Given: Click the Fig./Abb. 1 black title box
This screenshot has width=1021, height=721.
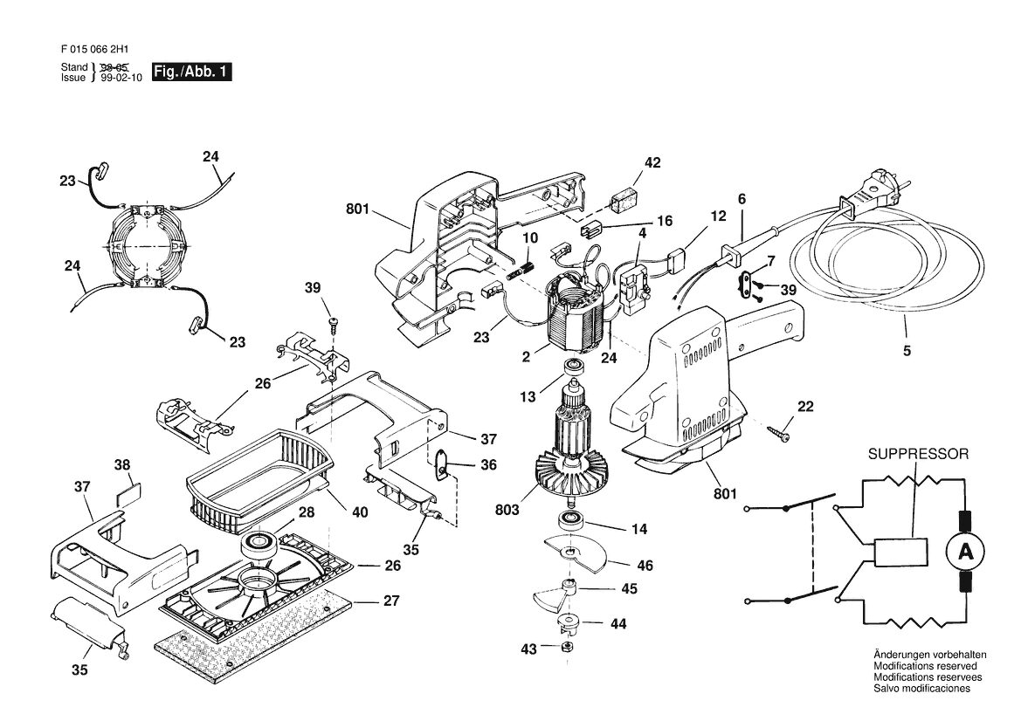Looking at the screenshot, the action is pos(191,72).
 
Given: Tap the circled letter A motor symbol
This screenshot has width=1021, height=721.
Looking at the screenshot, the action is pos(964,553).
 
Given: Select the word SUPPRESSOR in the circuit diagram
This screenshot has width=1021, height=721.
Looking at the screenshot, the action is pos(918,454).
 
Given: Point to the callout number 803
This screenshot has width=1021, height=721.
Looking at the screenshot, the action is pos(507,510).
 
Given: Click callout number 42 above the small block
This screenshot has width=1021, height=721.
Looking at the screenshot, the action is pos(652,162).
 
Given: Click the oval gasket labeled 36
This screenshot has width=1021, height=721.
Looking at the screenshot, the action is pos(441,464).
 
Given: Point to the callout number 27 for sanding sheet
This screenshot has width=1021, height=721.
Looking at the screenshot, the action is pos(390,600).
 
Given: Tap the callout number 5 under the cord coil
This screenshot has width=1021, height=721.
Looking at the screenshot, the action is pos(907,351).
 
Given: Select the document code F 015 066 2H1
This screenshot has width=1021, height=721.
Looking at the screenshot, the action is pos(100,49).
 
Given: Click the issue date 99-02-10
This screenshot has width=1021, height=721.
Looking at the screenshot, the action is pos(121,78).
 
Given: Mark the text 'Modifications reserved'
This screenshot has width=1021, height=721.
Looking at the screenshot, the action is pos(925,666).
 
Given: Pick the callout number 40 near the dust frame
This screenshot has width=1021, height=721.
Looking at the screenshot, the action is pos(360,512).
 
